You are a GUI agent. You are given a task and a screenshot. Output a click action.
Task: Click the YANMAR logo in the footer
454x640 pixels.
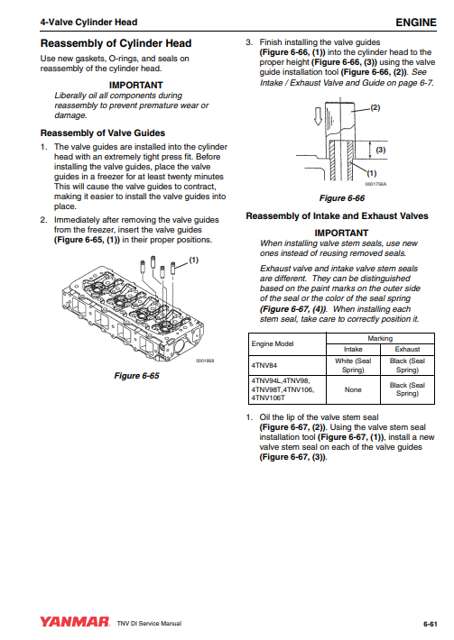point(75,622)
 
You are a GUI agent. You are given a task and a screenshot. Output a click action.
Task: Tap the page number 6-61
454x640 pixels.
point(431,624)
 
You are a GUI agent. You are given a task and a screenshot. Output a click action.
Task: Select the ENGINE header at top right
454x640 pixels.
point(416,23)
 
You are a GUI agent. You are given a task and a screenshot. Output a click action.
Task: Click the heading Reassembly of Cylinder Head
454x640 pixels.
point(116,43)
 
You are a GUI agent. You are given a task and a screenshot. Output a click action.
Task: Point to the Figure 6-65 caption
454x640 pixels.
point(136,376)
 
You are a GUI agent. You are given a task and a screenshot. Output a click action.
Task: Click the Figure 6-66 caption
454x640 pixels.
point(342,198)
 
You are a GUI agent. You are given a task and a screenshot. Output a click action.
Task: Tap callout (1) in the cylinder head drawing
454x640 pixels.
point(194,260)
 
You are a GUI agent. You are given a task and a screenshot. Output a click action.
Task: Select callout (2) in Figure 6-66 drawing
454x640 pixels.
point(375,108)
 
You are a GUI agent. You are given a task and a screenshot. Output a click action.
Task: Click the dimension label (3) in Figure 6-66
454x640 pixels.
point(381,150)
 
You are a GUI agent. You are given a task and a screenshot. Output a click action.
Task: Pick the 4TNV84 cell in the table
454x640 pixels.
point(264,365)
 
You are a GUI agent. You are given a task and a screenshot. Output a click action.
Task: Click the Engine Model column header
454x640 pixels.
point(273,343)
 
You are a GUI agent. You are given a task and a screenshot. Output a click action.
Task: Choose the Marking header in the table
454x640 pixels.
point(380,338)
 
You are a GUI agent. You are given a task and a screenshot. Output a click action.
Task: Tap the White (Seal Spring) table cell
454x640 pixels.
point(353,365)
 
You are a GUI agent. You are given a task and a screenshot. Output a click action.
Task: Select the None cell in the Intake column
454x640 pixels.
point(353,389)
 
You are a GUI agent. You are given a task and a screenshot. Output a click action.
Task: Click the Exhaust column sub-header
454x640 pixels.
point(407,349)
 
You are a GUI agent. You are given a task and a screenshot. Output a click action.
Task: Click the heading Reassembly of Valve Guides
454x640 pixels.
point(103,133)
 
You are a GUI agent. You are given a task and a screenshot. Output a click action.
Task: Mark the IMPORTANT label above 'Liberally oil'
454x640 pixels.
point(136,86)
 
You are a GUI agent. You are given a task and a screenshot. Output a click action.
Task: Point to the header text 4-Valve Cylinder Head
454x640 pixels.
point(88,23)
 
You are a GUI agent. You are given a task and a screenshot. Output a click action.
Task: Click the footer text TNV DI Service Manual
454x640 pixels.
point(149,623)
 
